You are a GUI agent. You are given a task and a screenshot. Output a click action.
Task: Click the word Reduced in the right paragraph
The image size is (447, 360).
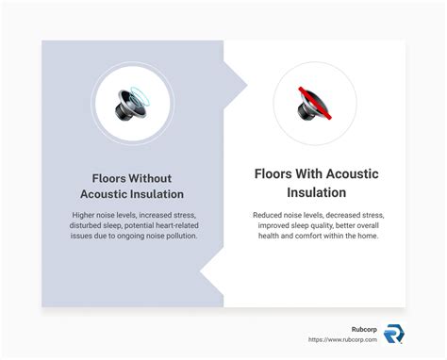(x=271, y=215)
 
